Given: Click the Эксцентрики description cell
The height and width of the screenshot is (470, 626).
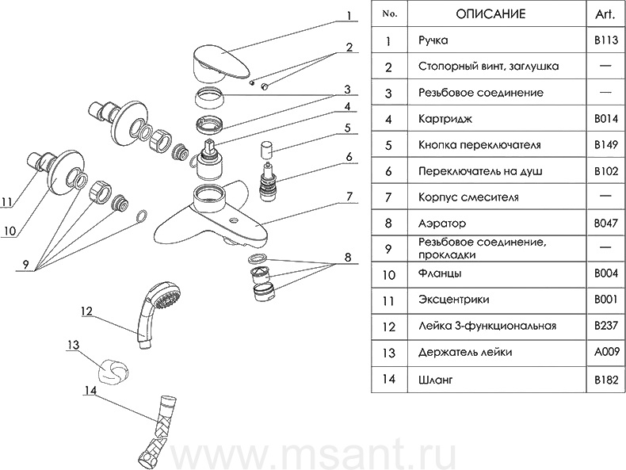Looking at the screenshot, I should (x=452, y=300).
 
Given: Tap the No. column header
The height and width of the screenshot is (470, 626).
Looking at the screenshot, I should (x=388, y=13).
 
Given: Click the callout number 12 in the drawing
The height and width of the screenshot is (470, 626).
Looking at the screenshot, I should (x=86, y=310).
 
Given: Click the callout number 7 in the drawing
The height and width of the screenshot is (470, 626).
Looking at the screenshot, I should (x=349, y=196).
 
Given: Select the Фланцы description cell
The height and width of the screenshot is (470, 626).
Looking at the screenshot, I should (x=440, y=275).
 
